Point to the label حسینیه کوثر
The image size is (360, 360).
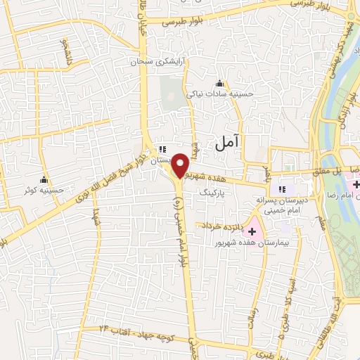tap(44, 190)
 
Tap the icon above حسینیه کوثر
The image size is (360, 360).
tap(44, 179)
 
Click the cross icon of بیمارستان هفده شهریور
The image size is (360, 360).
tap(252, 231)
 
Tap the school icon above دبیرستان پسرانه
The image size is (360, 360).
tap(283, 189)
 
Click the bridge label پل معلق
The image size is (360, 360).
tap(327, 171)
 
